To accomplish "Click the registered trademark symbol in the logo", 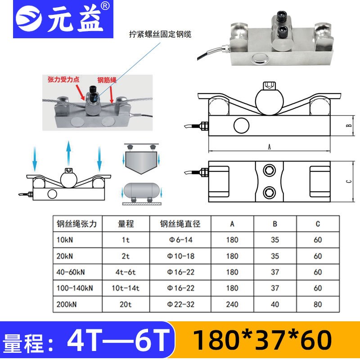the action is (105, 6).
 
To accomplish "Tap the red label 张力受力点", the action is (63, 80).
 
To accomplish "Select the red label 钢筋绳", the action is (107, 80).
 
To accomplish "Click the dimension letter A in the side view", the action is (269, 147).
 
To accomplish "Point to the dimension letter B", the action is (349, 126).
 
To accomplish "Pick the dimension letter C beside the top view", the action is (349, 181).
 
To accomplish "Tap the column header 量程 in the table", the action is (126, 224).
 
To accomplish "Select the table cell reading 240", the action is (232, 304).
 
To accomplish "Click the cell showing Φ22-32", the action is (181, 304).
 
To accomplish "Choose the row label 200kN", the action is (67, 305).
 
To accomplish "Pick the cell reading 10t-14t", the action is (126, 288).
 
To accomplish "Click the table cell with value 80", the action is (318, 304).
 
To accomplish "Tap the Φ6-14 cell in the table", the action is (181, 240).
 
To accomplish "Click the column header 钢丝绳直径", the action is (180, 224).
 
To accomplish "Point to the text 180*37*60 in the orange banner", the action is (262, 340).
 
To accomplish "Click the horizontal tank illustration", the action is (142, 190).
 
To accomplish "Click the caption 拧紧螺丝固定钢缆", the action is (160, 34).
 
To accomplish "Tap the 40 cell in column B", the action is (275, 304).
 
